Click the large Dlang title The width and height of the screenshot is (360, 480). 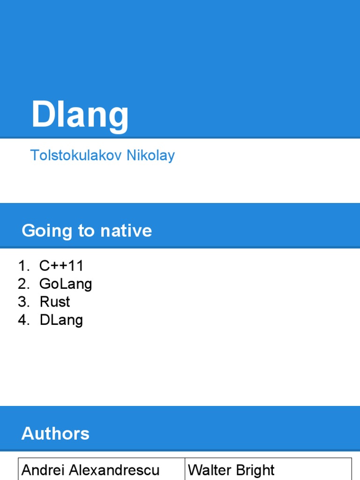pos(80,115)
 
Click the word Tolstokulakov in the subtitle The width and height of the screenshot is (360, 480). pos(76,155)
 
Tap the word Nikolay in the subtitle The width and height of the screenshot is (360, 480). pos(150,155)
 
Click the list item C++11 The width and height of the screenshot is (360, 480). pos(61,266)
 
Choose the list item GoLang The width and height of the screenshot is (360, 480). pos(66,284)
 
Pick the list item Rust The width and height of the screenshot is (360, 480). pos(55,302)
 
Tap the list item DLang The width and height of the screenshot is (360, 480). pos(61,320)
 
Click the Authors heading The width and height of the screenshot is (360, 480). pos(55,434)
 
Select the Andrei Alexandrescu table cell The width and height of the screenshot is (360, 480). pos(101,469)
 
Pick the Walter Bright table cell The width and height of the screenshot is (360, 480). pos(268,469)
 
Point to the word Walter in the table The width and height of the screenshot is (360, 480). pos(208,470)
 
